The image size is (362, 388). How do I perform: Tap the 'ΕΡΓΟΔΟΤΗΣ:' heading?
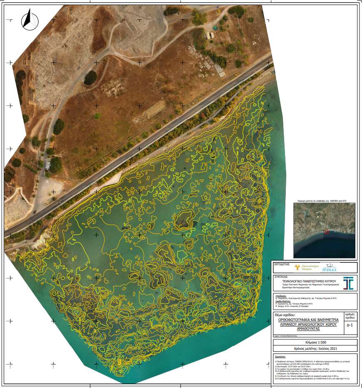(282, 264)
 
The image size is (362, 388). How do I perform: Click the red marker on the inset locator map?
(326, 232)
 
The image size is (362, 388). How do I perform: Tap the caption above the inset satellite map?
(324, 200)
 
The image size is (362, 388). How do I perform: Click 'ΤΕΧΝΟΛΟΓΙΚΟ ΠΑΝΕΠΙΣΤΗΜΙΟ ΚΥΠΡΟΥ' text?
(307, 281)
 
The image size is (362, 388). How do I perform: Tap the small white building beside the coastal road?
(48, 166)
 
